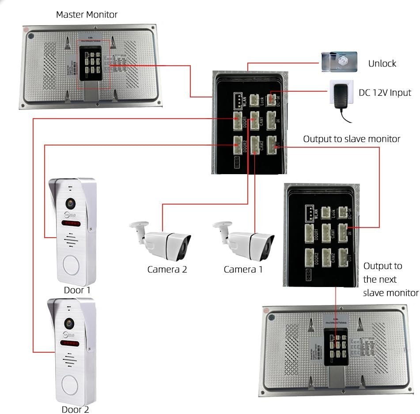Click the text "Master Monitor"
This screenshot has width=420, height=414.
click(87, 15)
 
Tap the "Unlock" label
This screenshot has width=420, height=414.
click(382, 63)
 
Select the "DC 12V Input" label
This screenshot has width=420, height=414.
click(384, 93)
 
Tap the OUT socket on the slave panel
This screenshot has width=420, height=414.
click(344, 256)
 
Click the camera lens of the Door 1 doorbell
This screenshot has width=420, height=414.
click(70, 203)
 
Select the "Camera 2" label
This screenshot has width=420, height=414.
click(167, 269)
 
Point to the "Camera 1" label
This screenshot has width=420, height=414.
click(243, 269)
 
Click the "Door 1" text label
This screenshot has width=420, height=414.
click(77, 290)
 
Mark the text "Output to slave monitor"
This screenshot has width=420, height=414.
click(352, 139)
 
